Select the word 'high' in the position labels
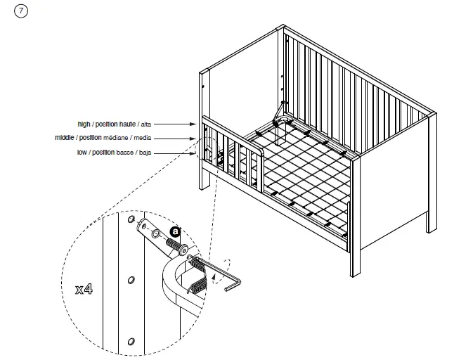tap(85, 124)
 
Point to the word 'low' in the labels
tap(83, 152)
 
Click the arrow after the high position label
tap(184, 124)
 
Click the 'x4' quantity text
tap(84, 289)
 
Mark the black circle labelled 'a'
tap(176, 231)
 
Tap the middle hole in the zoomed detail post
tap(131, 281)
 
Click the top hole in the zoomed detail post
tap(131, 221)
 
